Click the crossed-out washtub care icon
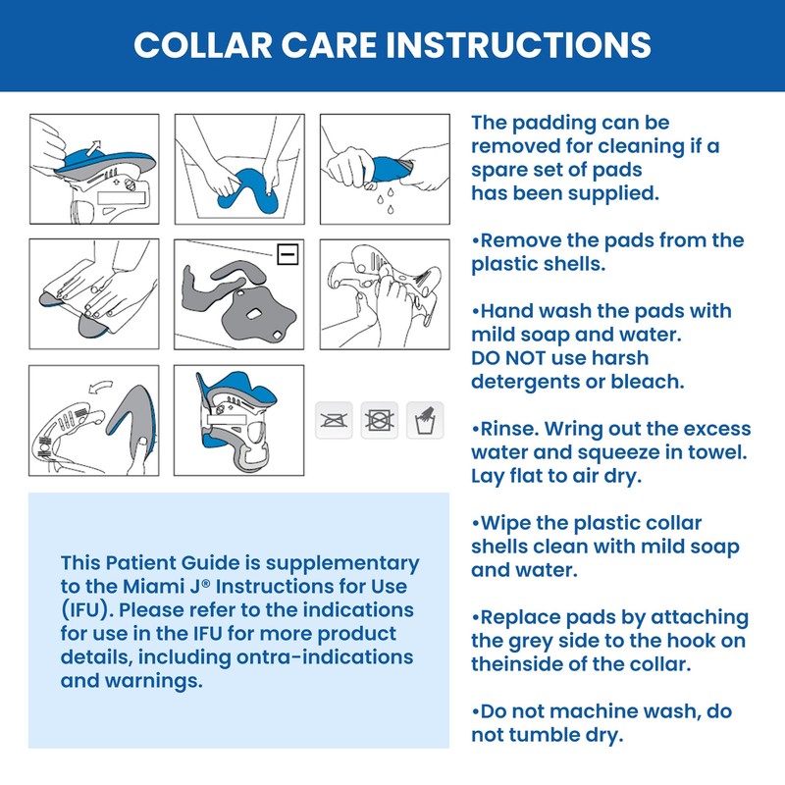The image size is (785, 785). tap(334, 420)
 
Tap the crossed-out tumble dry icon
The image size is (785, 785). tap(380, 420)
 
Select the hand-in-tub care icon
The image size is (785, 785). tap(426, 420)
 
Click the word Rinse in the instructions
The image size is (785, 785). tap(507, 429)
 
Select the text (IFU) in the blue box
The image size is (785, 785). tap(83, 609)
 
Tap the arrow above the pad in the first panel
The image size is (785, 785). tap(94, 145)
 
